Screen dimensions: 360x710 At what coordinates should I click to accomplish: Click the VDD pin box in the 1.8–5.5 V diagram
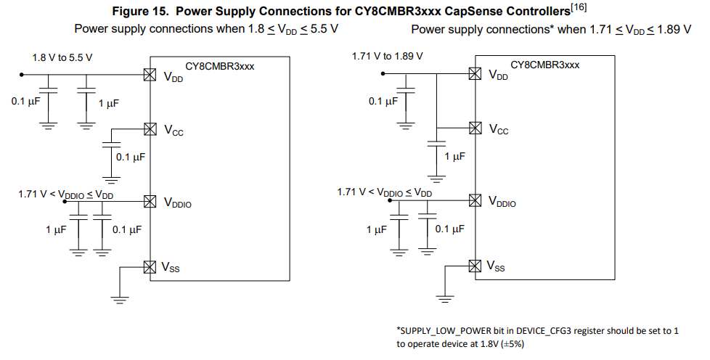pyautogui.click(x=150, y=74)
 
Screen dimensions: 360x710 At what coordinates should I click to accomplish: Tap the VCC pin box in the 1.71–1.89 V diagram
pyautogui.click(x=475, y=128)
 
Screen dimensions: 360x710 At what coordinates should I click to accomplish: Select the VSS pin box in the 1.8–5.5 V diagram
pyautogui.click(x=150, y=266)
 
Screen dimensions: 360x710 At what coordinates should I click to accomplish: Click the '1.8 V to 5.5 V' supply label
pyautogui.click(x=62, y=57)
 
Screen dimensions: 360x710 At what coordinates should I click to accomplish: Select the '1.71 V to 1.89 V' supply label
pyautogui.click(x=387, y=56)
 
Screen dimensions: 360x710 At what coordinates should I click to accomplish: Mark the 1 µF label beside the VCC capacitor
pyautogui.click(x=454, y=156)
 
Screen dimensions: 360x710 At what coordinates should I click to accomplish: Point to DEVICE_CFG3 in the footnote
pyautogui.click(x=547, y=330)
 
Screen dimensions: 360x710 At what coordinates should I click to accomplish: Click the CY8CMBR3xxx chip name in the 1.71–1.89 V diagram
pyautogui.click(x=545, y=65)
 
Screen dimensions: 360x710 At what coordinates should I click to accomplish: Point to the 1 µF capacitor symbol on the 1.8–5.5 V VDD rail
pyautogui.click(x=86, y=90)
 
